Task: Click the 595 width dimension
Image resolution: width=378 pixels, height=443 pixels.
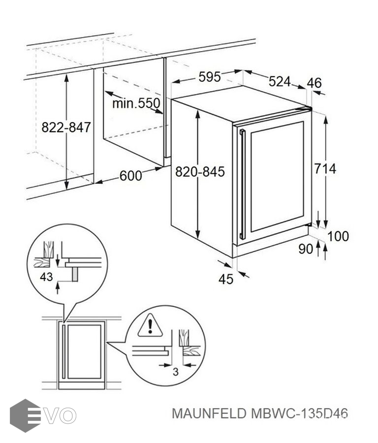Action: click(209, 77)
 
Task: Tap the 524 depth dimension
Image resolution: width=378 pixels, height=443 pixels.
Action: click(280, 82)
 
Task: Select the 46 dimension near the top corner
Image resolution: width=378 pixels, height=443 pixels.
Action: click(314, 83)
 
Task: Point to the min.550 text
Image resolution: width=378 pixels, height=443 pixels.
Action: click(136, 103)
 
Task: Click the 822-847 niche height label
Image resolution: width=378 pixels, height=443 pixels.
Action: click(66, 127)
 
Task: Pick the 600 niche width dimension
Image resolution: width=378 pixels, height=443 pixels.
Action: click(130, 176)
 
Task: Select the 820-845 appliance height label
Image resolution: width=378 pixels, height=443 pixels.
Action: click(200, 172)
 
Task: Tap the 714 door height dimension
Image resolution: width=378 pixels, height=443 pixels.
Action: click(325, 169)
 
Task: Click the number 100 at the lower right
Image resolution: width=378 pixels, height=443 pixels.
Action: click(338, 236)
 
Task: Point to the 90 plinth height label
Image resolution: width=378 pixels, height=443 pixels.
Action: click(306, 249)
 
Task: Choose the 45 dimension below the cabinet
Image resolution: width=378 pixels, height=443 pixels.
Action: click(226, 279)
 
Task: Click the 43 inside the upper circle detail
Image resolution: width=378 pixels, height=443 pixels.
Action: click(46, 277)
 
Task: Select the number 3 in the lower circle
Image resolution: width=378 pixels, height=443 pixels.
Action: click(176, 372)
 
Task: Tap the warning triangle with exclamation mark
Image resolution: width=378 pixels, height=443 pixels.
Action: click(150, 326)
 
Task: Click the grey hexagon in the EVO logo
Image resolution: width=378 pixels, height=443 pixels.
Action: click(25, 415)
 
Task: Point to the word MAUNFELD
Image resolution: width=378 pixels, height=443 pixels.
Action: click(209, 413)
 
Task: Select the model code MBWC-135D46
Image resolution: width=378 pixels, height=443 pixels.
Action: click(299, 413)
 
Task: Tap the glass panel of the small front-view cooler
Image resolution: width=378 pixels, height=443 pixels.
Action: click(84, 352)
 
